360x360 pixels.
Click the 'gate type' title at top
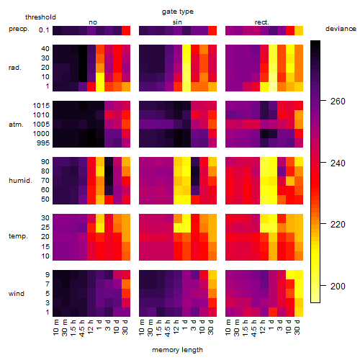178,12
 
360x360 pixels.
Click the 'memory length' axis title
177,350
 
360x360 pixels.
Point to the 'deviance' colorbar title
341,29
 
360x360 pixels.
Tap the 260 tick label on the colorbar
338,102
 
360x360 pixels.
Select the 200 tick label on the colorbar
338,286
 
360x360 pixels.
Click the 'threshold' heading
40,17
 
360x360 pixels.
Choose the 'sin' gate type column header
177,22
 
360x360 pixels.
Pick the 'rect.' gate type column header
262,22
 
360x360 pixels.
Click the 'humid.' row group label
20,181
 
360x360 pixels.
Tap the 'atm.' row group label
16,125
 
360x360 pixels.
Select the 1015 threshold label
41,105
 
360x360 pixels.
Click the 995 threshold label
43,143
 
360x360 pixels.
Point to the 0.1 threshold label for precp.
44,30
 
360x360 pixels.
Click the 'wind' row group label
17,294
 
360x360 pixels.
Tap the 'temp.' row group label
18,236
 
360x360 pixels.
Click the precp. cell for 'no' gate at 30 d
126,30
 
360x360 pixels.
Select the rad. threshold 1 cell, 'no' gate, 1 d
100,86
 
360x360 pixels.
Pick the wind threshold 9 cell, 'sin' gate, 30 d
212,274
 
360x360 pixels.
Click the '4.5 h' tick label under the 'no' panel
82,328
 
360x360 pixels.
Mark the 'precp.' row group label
19,29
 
